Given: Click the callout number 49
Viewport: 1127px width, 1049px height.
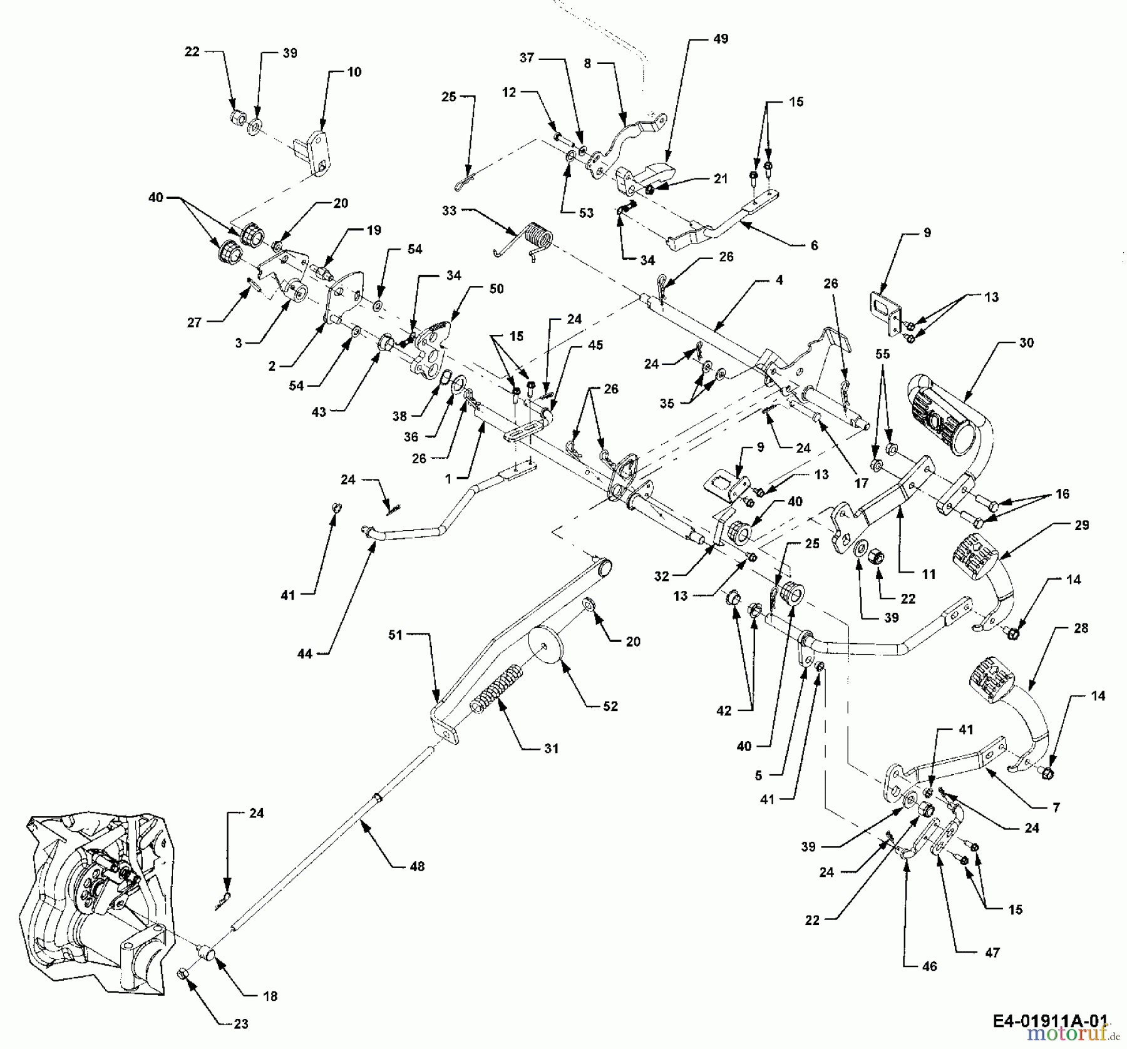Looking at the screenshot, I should tap(721, 39).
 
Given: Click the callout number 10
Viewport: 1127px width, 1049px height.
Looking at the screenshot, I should tap(354, 72).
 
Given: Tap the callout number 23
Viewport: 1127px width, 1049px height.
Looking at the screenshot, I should tap(241, 1024).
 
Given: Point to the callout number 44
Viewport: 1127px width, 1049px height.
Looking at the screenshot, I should tap(304, 653).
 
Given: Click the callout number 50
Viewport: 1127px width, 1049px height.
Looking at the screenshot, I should tap(496, 289).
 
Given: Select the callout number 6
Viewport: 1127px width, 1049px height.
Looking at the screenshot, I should tap(814, 246).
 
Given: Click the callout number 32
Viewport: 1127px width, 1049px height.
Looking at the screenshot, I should tap(662, 576).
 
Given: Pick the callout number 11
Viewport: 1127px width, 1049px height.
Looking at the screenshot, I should tap(929, 574).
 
